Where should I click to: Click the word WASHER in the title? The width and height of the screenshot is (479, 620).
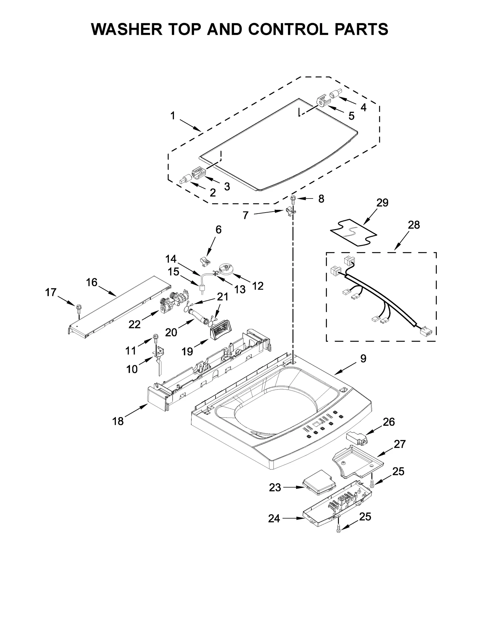pyautogui.click(x=127, y=29)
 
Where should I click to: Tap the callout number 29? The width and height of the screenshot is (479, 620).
pyautogui.click(x=382, y=203)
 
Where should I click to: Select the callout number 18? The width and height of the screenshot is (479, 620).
pyautogui.click(x=118, y=421)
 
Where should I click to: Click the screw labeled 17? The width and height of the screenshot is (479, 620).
pyautogui.click(x=79, y=307)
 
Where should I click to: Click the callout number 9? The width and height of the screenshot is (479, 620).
pyautogui.click(x=363, y=358)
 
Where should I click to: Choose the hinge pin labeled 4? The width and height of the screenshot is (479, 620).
pyautogui.click(x=334, y=95)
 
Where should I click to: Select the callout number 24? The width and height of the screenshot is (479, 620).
pyautogui.click(x=274, y=518)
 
